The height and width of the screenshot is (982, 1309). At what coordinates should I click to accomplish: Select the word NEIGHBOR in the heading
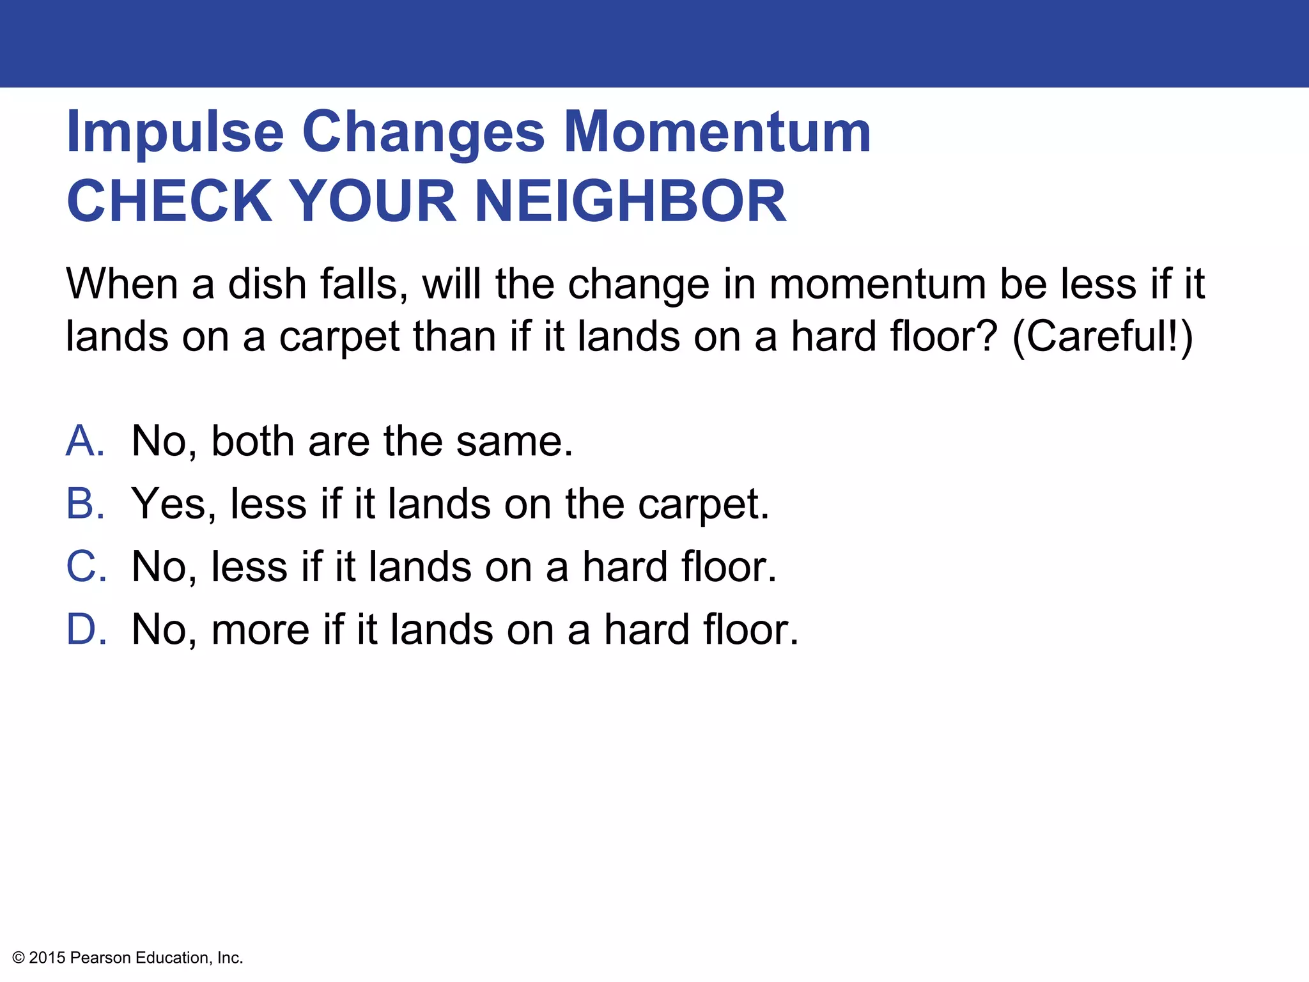pos(630,201)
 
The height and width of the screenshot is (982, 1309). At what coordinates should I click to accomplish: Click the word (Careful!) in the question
pos(1103,336)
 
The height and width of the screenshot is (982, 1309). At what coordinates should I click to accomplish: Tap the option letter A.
pos(85,440)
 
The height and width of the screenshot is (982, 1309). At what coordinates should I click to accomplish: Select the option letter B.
pos(85,503)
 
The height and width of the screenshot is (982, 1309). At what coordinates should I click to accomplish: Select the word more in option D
pos(260,630)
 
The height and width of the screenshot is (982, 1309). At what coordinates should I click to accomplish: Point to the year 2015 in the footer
pos(47,958)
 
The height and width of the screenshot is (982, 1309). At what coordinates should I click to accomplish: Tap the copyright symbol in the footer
pos(19,958)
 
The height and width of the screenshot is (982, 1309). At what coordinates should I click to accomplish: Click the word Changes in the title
pos(423,133)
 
